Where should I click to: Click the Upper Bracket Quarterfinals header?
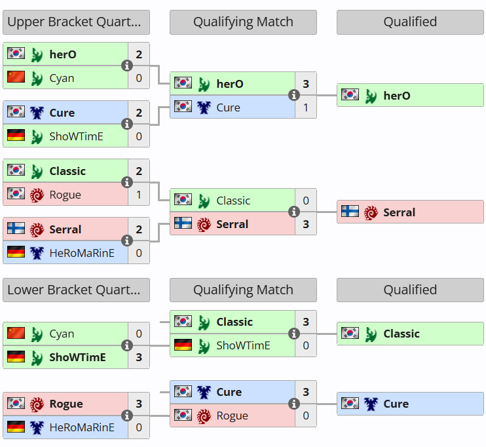point(76,22)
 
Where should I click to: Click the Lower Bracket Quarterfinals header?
point(76,290)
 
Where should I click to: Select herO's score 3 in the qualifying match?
point(306,84)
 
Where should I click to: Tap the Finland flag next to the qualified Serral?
point(350,212)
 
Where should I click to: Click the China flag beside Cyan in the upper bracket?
point(16,77)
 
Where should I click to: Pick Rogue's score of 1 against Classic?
point(139,195)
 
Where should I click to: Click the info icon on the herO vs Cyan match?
point(127,66)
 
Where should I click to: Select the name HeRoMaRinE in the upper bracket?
point(81,253)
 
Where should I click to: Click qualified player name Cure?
point(396,404)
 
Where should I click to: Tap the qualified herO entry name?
point(397,96)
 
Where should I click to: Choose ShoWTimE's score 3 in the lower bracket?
point(139,357)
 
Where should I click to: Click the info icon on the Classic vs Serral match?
point(294,212)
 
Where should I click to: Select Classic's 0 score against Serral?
point(306,201)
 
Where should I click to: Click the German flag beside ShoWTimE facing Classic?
point(183,345)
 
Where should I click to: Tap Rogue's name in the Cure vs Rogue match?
point(232,416)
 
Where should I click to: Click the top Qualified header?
point(410,22)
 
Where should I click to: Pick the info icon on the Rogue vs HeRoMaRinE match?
point(127,416)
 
